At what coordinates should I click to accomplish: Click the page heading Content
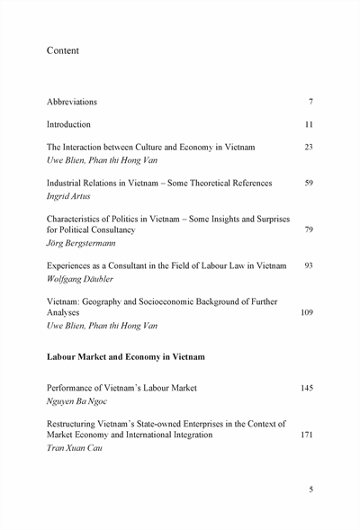(x=63, y=51)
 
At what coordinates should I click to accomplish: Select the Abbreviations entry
(x=72, y=102)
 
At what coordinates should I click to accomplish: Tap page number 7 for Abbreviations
(x=310, y=102)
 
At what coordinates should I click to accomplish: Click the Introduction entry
(x=68, y=124)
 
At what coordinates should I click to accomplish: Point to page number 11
(x=309, y=124)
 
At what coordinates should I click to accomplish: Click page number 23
(x=309, y=147)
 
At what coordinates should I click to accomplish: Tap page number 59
(x=309, y=184)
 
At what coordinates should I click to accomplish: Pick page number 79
(x=309, y=229)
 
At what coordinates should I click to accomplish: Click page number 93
(x=309, y=266)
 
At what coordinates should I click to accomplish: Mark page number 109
(x=307, y=313)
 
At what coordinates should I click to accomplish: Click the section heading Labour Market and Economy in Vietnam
(x=125, y=357)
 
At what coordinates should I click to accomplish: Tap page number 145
(x=307, y=388)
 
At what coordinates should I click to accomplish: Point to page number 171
(x=307, y=435)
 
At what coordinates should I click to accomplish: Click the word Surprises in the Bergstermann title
(x=266, y=219)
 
